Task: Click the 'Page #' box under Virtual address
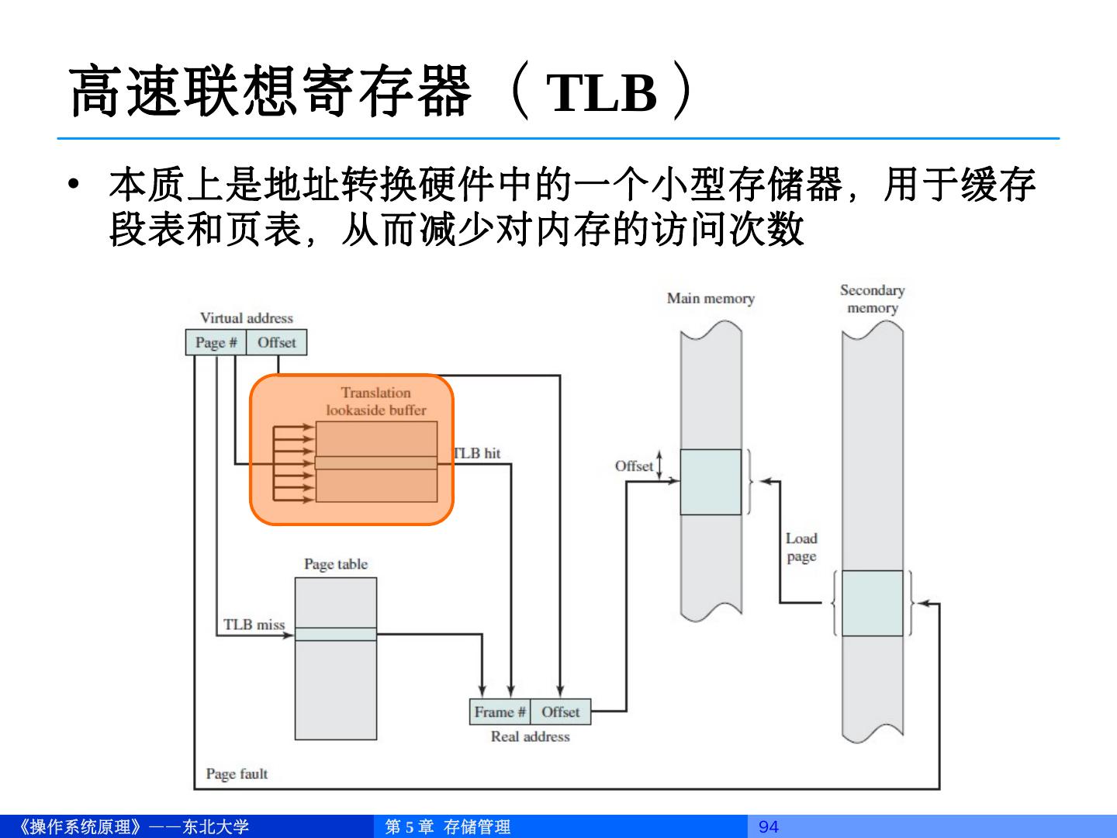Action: [216, 342]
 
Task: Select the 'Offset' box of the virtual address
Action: [276, 342]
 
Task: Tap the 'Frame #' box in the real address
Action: [500, 712]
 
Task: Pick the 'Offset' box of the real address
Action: [560, 712]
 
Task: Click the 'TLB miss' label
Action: [254, 625]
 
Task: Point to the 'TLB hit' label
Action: [478, 453]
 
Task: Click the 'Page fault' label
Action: [237, 774]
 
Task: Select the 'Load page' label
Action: [801, 547]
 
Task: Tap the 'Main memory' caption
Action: [711, 299]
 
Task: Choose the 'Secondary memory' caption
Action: [872, 299]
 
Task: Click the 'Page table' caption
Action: [336, 564]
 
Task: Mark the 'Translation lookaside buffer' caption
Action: [376, 401]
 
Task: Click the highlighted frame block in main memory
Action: [711, 481]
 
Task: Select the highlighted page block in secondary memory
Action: [872, 603]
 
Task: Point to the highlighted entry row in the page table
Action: [336, 634]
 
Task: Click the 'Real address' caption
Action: [530, 736]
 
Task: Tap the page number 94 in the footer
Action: [768, 827]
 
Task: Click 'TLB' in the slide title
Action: [603, 93]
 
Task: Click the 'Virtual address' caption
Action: [247, 318]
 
